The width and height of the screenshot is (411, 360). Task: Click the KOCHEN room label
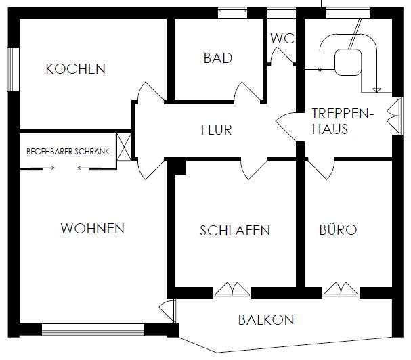(x=75, y=69)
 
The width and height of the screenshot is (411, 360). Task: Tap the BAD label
(x=217, y=58)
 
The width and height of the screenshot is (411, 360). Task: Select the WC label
(x=282, y=38)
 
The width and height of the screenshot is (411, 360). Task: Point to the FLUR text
(x=216, y=129)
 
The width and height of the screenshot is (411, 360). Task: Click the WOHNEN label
(x=93, y=228)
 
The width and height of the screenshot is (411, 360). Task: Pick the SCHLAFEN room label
(x=235, y=231)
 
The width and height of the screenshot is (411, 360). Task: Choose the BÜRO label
(x=337, y=230)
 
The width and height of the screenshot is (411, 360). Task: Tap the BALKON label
(x=266, y=320)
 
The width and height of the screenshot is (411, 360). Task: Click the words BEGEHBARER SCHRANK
(x=68, y=151)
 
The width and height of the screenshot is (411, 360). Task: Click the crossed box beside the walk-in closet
(x=123, y=148)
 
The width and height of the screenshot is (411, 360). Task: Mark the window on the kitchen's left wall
(x=12, y=69)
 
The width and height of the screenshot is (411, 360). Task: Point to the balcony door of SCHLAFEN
(x=232, y=289)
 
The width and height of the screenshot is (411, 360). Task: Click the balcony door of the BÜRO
(x=340, y=289)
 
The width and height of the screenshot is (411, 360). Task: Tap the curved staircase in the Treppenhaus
(x=349, y=58)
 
